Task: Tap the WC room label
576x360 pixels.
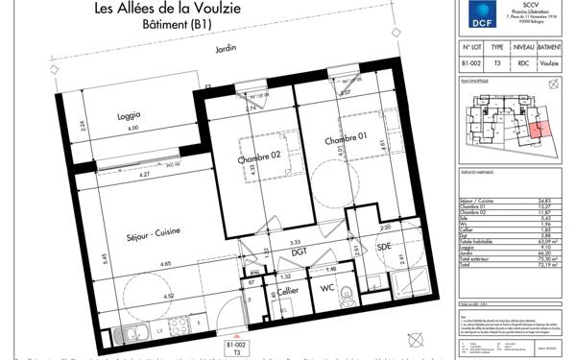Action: click(326, 288)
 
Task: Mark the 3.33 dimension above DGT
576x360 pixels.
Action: click(297, 242)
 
